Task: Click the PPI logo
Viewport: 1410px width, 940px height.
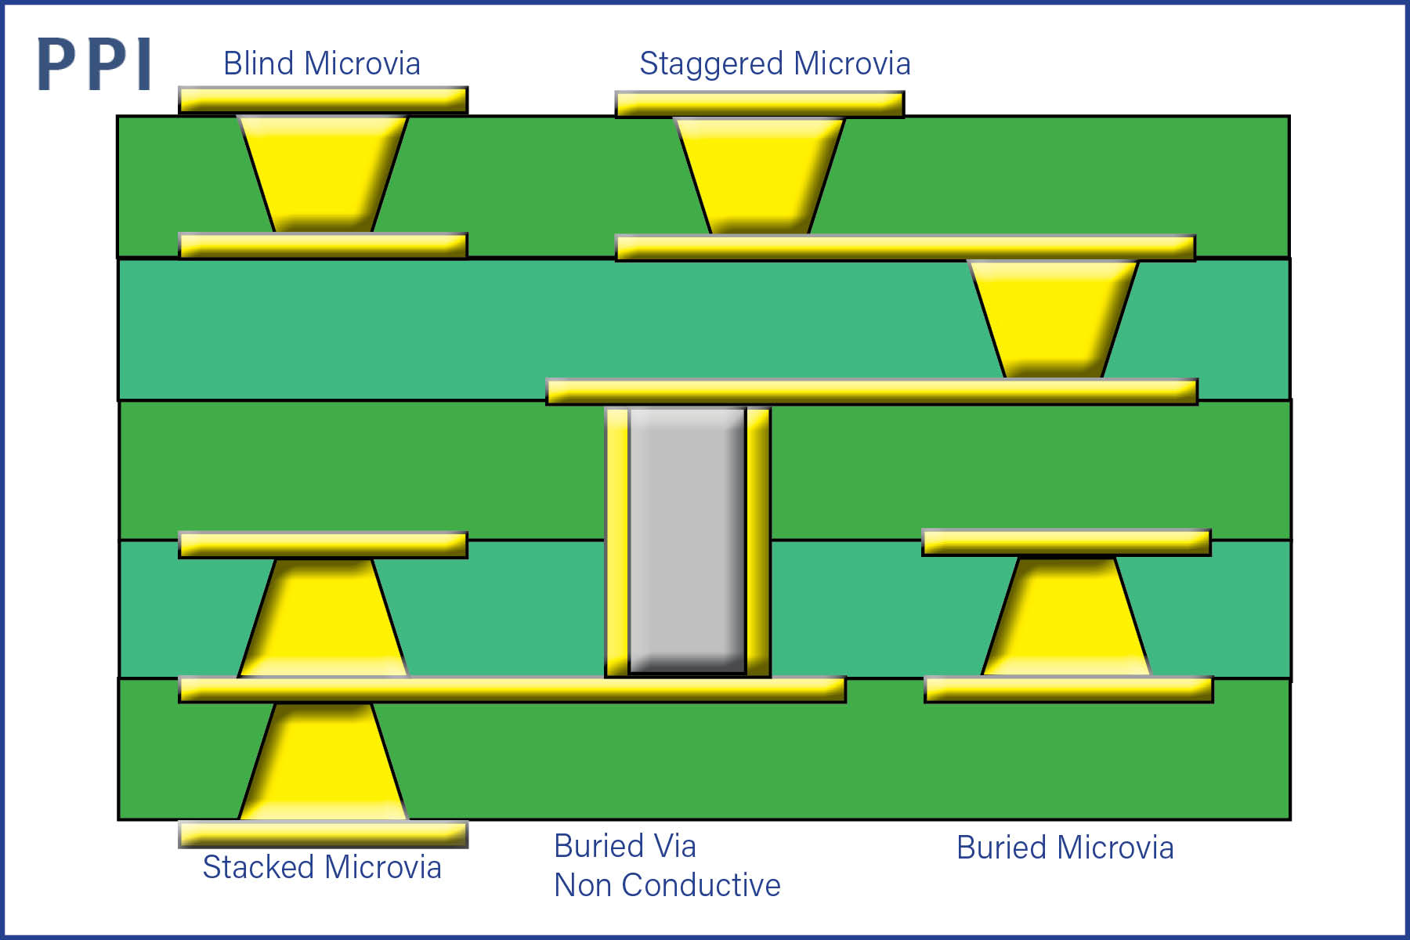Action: pyautogui.click(x=94, y=64)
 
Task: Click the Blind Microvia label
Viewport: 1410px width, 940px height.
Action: pyautogui.click(x=322, y=63)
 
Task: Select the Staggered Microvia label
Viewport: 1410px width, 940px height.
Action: pyautogui.click(x=775, y=63)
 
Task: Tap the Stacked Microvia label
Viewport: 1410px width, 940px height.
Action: pyautogui.click(x=322, y=867)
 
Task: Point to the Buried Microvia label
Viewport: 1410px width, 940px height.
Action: pyautogui.click(x=1065, y=848)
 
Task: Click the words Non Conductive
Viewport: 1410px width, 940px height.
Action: pyautogui.click(x=667, y=885)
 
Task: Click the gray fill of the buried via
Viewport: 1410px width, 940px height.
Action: pyautogui.click(x=687, y=540)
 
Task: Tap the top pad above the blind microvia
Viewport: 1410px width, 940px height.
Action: pyautogui.click(x=323, y=99)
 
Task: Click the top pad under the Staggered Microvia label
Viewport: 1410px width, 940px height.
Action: pyautogui.click(x=760, y=104)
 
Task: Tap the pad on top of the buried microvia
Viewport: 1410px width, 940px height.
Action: pyautogui.click(x=1066, y=542)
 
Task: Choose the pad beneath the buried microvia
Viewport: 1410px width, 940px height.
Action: pyautogui.click(x=1068, y=689)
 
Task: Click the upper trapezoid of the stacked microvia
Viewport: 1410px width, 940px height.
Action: pyautogui.click(x=323, y=617)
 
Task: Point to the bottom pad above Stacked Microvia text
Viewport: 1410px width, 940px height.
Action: pyautogui.click(x=323, y=834)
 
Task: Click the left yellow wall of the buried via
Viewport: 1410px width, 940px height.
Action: pyautogui.click(x=617, y=540)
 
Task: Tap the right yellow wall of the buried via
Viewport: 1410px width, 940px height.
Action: pyautogui.click(x=757, y=540)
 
